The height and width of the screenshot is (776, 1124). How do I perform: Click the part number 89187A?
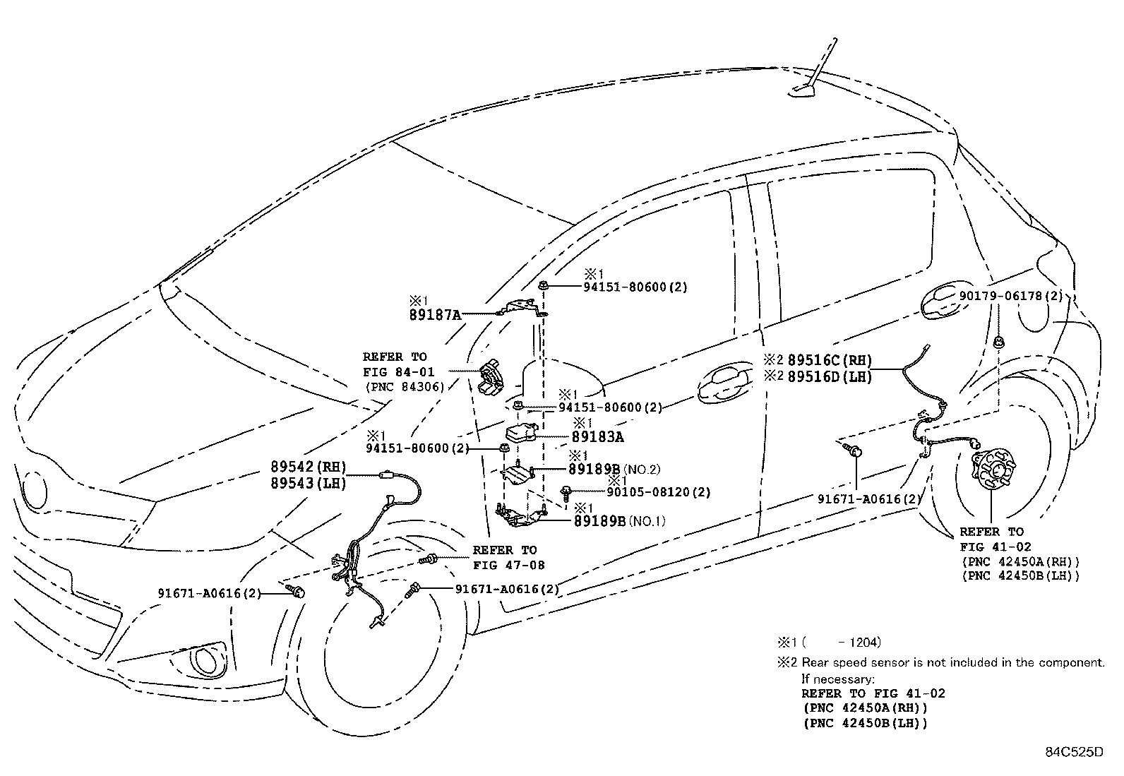tap(435, 315)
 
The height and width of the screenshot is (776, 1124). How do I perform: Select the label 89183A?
tap(597, 437)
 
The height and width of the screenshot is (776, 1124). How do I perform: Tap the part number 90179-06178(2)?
tap(1010, 296)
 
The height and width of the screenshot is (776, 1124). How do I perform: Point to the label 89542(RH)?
tap(308, 467)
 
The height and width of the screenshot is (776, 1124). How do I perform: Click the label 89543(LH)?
tap(308, 484)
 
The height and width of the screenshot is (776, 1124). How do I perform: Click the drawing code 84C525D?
tap(1074, 751)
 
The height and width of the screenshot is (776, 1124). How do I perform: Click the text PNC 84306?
tap(405, 387)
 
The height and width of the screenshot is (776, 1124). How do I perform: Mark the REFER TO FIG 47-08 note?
tap(505, 557)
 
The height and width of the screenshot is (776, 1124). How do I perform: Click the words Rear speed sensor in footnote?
tap(844, 662)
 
